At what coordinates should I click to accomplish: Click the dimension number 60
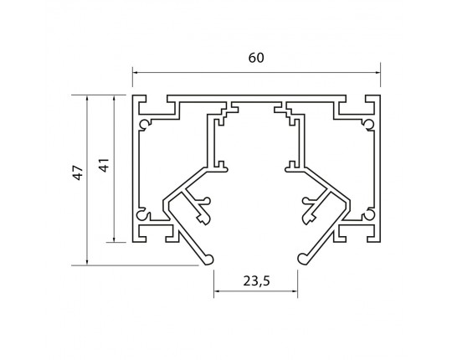click(256, 58)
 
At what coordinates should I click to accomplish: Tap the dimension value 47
click(78, 172)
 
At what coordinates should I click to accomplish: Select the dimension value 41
click(105, 165)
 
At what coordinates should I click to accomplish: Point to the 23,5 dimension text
click(256, 281)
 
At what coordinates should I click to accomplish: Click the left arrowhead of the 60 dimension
click(135, 72)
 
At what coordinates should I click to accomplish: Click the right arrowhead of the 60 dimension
click(378, 72)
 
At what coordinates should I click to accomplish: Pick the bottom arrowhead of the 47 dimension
click(87, 262)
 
